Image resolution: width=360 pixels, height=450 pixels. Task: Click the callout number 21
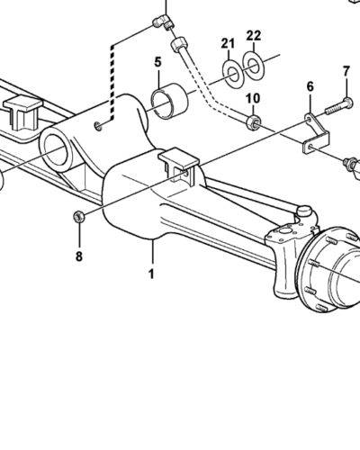click(228, 44)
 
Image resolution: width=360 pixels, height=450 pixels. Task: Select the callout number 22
click(254, 36)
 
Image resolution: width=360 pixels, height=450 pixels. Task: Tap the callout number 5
click(158, 62)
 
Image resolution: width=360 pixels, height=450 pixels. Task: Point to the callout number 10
click(253, 98)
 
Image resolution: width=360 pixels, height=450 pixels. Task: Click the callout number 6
click(310, 86)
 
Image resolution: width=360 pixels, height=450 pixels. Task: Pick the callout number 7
click(346, 72)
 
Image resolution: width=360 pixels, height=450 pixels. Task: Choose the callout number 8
click(79, 256)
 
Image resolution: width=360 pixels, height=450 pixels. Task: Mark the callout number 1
click(151, 274)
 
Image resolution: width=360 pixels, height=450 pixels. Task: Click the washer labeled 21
click(233, 75)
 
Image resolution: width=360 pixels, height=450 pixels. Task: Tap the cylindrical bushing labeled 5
click(169, 101)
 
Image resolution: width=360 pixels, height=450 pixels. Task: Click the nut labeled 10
click(254, 122)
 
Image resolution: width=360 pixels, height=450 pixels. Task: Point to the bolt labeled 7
click(338, 106)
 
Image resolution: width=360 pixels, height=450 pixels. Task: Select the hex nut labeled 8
click(78, 216)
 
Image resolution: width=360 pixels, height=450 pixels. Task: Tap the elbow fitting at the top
click(162, 22)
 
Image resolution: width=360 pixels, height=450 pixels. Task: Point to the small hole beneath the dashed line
click(98, 126)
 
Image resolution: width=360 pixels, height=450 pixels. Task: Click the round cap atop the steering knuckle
click(305, 211)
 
